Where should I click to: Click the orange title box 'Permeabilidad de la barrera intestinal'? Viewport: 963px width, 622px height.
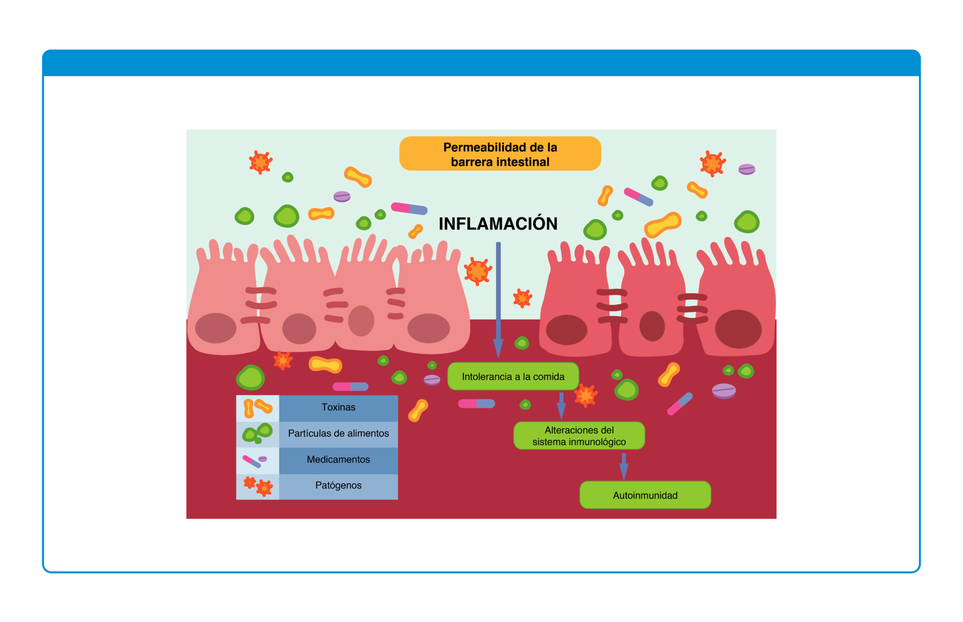pyautogui.click(x=500, y=153)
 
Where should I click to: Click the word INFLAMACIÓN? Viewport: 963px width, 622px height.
pyautogui.click(x=498, y=223)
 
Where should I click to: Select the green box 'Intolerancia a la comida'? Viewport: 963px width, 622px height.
pyautogui.click(x=513, y=376)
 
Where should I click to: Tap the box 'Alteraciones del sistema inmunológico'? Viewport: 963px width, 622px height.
pyautogui.click(x=579, y=436)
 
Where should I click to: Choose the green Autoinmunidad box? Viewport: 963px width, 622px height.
pyautogui.click(x=645, y=495)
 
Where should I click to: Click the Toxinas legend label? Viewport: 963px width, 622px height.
pyautogui.click(x=339, y=407)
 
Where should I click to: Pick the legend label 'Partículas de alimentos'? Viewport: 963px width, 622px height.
pyautogui.click(x=339, y=433)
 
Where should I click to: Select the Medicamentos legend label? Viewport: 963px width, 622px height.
pyautogui.click(x=339, y=460)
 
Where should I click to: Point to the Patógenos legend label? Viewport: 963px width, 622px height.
pyautogui.click(x=339, y=486)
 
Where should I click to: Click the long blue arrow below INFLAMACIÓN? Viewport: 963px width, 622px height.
pyautogui.click(x=498, y=300)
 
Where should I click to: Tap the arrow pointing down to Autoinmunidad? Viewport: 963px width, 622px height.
pyautogui.click(x=624, y=466)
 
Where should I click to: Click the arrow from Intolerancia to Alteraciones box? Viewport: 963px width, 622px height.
pyautogui.click(x=561, y=406)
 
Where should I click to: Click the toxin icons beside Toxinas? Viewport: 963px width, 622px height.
pyautogui.click(x=257, y=408)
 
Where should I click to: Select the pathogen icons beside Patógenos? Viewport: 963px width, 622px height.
pyautogui.click(x=258, y=486)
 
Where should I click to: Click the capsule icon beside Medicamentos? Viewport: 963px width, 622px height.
pyautogui.click(x=252, y=462)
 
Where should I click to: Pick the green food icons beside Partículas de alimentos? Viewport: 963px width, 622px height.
pyautogui.click(x=257, y=433)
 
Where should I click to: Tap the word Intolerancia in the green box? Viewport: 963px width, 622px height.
pyautogui.click(x=487, y=376)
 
